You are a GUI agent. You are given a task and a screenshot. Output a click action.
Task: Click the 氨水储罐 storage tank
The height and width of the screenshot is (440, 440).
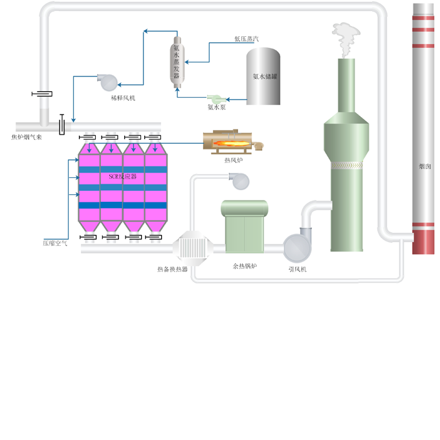[x=263, y=76]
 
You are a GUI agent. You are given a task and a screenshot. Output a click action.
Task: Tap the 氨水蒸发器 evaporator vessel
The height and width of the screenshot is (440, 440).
[x=177, y=62]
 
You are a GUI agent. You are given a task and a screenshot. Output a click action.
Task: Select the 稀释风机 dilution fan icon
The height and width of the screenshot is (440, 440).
[x=108, y=82]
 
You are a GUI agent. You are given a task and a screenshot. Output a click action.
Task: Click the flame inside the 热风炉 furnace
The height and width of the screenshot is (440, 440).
[x=232, y=144]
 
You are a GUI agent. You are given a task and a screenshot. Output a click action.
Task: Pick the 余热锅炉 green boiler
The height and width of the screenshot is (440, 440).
[x=245, y=226]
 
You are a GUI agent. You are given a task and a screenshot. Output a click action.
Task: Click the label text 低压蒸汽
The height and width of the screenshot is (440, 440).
[x=247, y=39]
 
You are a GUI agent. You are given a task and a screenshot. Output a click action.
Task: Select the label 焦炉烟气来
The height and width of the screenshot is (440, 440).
[x=27, y=137]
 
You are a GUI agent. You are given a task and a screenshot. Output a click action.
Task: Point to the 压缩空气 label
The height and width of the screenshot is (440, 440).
[x=55, y=243]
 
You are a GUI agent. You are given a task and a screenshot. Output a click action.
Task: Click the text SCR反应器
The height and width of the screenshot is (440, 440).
[x=123, y=177]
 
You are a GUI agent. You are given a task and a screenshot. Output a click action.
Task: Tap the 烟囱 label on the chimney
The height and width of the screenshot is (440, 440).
[x=425, y=166]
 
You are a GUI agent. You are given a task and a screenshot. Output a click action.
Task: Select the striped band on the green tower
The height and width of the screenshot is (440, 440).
[x=347, y=165]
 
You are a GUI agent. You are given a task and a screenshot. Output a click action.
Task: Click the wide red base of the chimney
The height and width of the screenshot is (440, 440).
[x=423, y=242]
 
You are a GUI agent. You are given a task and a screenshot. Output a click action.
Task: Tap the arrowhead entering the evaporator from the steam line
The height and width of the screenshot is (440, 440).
[x=186, y=62]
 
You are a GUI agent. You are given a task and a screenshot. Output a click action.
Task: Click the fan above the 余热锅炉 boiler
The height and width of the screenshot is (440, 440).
[x=239, y=181]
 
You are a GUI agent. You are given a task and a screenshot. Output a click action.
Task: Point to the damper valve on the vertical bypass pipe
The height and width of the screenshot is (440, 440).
[x=42, y=94]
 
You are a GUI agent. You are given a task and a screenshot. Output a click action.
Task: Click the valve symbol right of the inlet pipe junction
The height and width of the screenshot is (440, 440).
[x=62, y=124]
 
